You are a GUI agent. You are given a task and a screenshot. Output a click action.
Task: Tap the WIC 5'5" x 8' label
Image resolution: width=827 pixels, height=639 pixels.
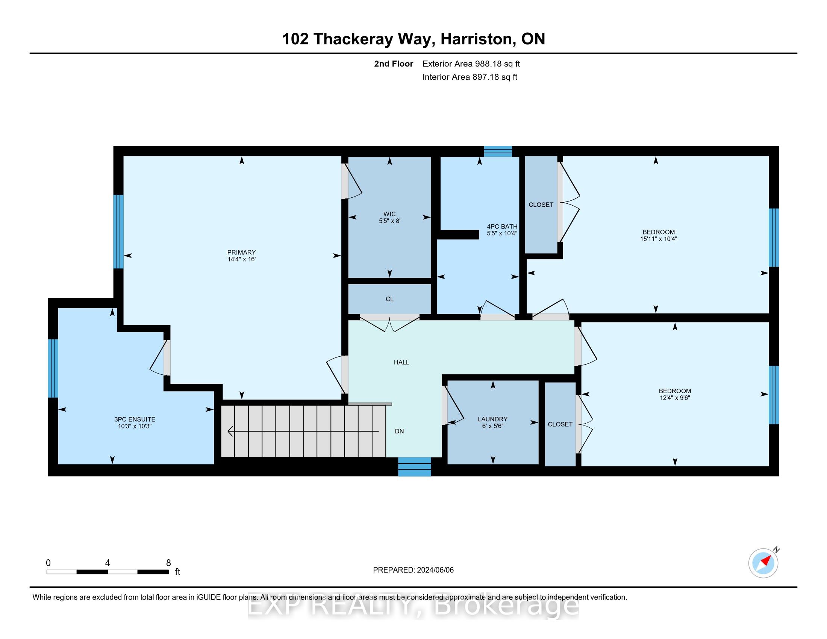point(390,217)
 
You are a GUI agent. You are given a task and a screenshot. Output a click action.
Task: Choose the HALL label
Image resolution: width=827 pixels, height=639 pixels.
point(401,362)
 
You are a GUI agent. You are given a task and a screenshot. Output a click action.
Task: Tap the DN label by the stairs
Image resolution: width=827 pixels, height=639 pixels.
point(400,431)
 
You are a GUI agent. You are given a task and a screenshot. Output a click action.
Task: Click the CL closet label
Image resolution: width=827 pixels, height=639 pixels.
point(390,299)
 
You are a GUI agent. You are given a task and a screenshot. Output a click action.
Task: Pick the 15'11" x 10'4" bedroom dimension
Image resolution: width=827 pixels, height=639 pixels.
point(659,239)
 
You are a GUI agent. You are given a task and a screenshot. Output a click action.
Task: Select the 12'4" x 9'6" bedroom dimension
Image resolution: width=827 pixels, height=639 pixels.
point(675,398)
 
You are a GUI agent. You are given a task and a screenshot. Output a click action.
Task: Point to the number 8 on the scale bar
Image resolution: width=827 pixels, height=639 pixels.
point(168,563)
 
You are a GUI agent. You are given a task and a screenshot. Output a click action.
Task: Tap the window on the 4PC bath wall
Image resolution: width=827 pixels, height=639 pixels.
point(498,151)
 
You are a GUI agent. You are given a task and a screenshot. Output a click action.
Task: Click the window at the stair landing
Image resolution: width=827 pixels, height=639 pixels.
point(415,467)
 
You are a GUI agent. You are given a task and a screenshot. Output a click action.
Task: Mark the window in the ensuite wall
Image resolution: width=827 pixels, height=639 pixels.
point(53,368)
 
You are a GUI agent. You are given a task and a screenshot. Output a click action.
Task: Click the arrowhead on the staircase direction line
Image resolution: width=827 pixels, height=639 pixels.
point(230,431)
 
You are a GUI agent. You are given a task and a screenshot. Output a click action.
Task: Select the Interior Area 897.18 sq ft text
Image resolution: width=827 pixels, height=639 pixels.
point(470,77)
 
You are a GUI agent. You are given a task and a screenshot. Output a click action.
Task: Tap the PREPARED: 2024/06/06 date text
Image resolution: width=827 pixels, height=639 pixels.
point(413,570)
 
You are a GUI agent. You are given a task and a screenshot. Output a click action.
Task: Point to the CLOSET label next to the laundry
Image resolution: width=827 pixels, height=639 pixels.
point(560,424)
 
